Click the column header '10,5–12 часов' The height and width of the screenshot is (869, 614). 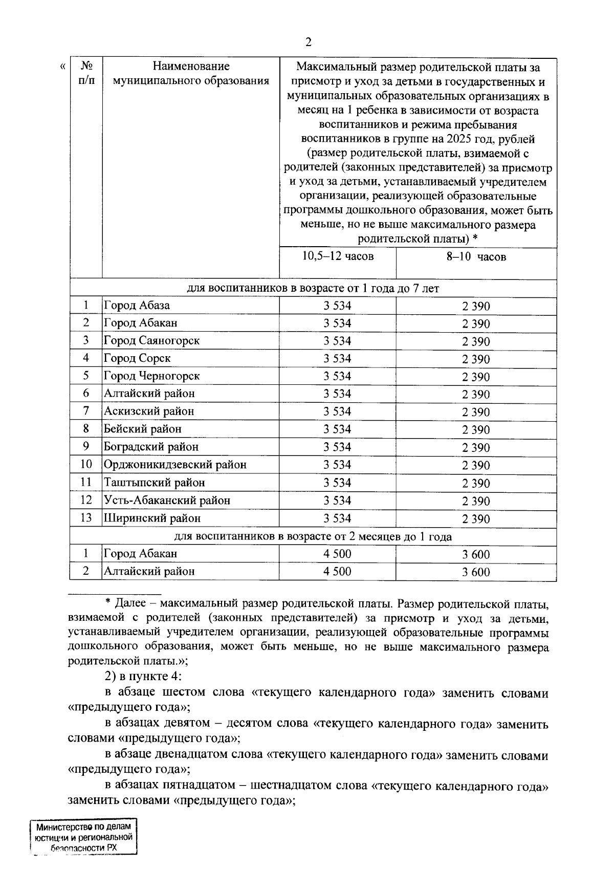click(x=338, y=256)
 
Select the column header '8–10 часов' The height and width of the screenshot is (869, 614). click(x=476, y=257)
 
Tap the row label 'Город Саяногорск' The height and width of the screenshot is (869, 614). click(x=151, y=340)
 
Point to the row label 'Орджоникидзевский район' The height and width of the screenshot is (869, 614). click(x=175, y=465)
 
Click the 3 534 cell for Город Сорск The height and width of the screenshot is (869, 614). click(x=337, y=358)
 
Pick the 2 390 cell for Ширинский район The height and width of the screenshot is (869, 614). click(x=476, y=519)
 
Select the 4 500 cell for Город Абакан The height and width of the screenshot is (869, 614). click(x=337, y=554)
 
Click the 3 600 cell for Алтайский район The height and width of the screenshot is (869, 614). click(x=476, y=572)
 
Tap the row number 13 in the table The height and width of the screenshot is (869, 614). click(x=86, y=518)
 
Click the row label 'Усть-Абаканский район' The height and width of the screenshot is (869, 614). click(x=167, y=501)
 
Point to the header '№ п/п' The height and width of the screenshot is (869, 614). click(x=86, y=73)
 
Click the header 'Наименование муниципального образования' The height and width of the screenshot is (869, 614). click(x=191, y=73)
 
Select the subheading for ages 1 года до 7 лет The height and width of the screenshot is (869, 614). click(x=313, y=289)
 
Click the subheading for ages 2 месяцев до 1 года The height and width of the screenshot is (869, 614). click(x=313, y=537)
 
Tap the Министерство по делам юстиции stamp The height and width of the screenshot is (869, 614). click(x=84, y=837)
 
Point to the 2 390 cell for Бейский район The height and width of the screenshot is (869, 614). click(x=476, y=430)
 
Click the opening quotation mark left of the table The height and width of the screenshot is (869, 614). click(x=62, y=66)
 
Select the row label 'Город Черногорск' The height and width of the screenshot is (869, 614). click(x=151, y=376)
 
